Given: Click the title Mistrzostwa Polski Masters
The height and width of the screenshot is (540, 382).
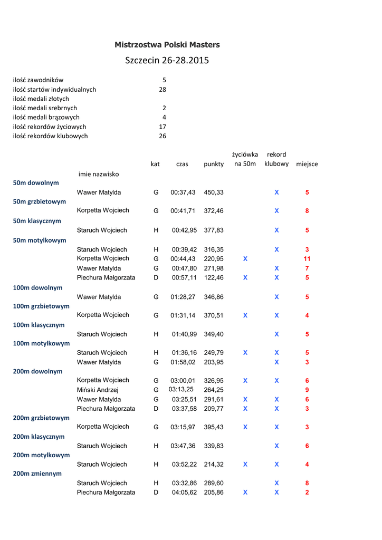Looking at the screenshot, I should pyautogui.click(x=167, y=45).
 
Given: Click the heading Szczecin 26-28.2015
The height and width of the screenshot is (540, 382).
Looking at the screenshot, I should pyautogui.click(x=167, y=61).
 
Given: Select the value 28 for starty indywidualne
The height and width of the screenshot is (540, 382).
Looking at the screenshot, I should pyautogui.click(x=163, y=90).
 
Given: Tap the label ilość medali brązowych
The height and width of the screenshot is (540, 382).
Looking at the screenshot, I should pyautogui.click(x=46, y=118).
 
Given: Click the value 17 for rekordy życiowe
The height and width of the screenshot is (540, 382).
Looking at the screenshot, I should pyautogui.click(x=163, y=127).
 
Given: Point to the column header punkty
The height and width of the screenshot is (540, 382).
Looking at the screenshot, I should pyautogui.click(x=214, y=165).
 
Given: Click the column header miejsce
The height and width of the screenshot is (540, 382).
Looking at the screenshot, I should pyautogui.click(x=307, y=165).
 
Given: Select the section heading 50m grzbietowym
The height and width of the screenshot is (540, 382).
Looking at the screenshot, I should pyautogui.click(x=40, y=202).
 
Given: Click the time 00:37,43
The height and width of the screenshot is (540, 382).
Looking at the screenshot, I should pyautogui.click(x=183, y=192).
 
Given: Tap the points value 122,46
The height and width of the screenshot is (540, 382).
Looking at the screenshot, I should pyautogui.click(x=214, y=278).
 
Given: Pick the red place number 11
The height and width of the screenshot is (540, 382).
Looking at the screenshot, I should pyautogui.click(x=307, y=259).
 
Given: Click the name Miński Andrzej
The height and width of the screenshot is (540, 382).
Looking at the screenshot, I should pyautogui.click(x=98, y=390).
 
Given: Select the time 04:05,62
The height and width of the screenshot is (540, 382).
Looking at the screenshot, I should pyautogui.click(x=183, y=493).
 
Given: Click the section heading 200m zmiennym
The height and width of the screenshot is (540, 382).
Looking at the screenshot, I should pyautogui.click(x=37, y=474).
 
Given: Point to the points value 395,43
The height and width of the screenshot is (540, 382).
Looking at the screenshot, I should pyautogui.click(x=214, y=427).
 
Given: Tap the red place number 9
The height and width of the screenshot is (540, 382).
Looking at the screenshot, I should pyautogui.click(x=307, y=390).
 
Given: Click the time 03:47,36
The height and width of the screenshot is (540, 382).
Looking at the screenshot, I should pyautogui.click(x=183, y=446).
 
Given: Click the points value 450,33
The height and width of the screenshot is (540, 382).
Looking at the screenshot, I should pyautogui.click(x=214, y=192).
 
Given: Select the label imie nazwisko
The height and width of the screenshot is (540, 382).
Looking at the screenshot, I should pyautogui.click(x=99, y=174).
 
